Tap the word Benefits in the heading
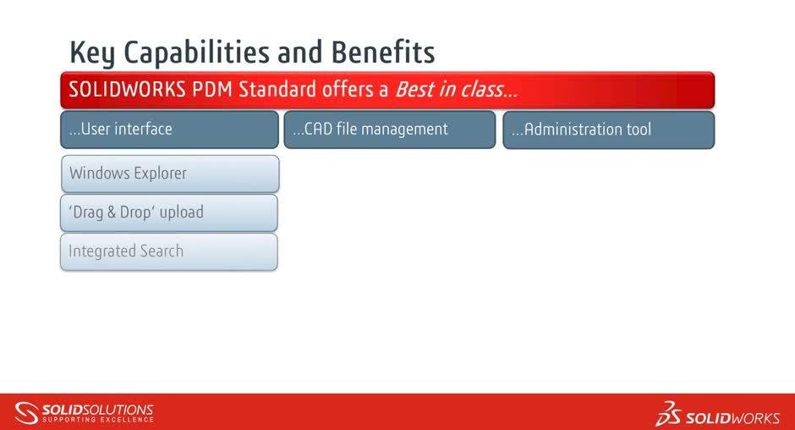(383, 52)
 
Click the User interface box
(169, 130)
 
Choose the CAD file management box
(389, 130)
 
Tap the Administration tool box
(608, 130)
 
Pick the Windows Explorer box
(169, 174)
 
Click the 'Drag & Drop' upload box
(169, 212)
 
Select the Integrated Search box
(169, 251)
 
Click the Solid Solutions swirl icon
(27, 412)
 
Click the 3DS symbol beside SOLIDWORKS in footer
(669, 414)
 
